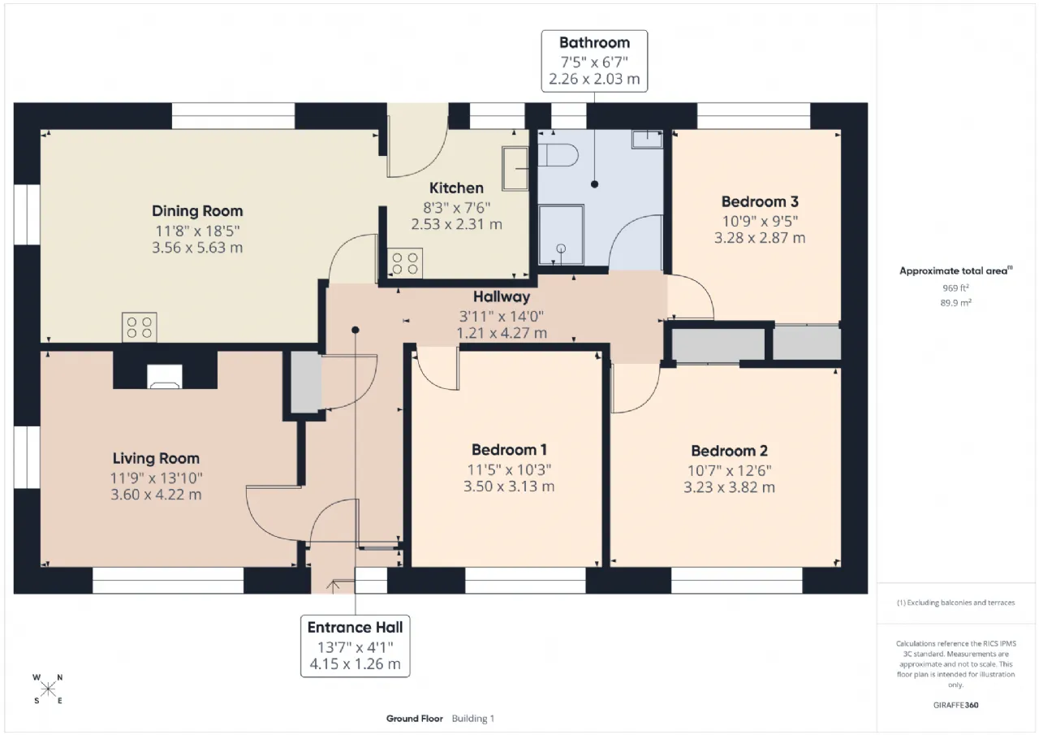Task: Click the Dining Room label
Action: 197,211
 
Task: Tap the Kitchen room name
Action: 456,188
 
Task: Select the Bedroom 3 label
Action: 760,202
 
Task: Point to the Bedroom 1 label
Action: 509,450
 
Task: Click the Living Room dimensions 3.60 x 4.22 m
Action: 156,495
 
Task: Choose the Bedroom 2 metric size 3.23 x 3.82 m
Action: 729,487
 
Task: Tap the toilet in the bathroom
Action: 558,155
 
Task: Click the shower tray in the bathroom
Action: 561,235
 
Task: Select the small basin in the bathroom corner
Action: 647,139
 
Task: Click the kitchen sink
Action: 515,169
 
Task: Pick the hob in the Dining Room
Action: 139,327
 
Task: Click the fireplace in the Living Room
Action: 165,377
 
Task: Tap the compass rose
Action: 48,690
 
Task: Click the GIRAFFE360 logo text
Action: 955,705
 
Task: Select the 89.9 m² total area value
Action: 955,303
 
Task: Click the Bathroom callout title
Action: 594,43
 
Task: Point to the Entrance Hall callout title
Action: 355,628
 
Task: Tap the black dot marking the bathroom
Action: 594,184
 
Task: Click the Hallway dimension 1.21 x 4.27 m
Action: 502,333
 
